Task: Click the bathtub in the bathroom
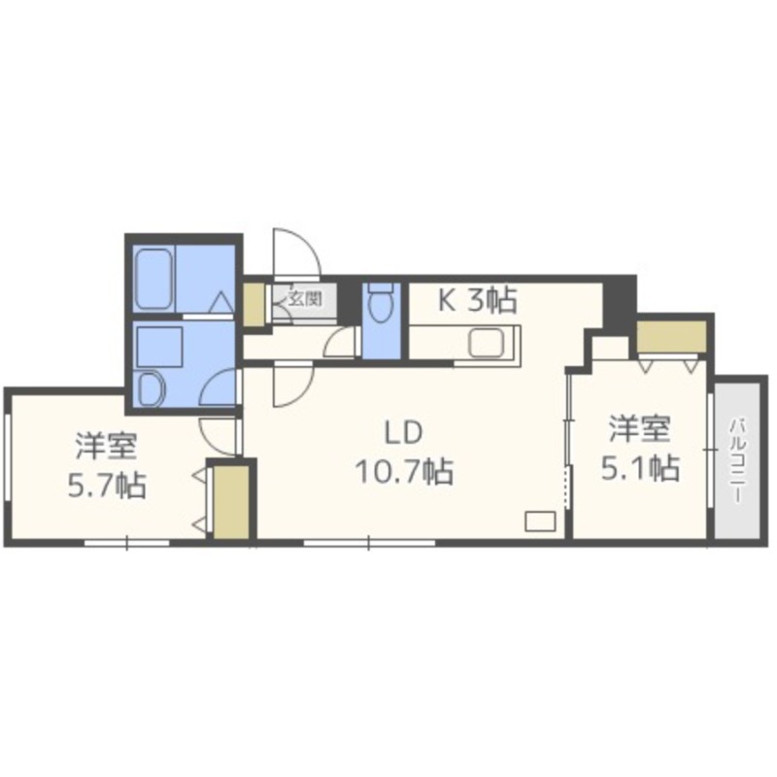[x=153, y=279]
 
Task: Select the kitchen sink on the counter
[x=487, y=343]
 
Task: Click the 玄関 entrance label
[x=306, y=299]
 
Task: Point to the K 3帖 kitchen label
[x=477, y=300]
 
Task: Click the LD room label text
[x=404, y=432]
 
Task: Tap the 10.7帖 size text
[x=404, y=472]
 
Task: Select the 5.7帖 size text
[x=107, y=486]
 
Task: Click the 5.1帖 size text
[x=640, y=468]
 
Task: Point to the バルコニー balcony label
[x=738, y=460]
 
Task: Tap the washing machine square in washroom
[x=159, y=347]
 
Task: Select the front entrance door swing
[x=296, y=253]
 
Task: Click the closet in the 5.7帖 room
[x=231, y=502]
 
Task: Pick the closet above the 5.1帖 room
[x=671, y=336]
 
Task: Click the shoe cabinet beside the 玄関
[x=253, y=304]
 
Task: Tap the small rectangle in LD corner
[x=540, y=522]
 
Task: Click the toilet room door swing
[x=341, y=342]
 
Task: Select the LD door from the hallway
[x=293, y=385]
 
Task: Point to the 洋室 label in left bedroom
[x=107, y=446]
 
